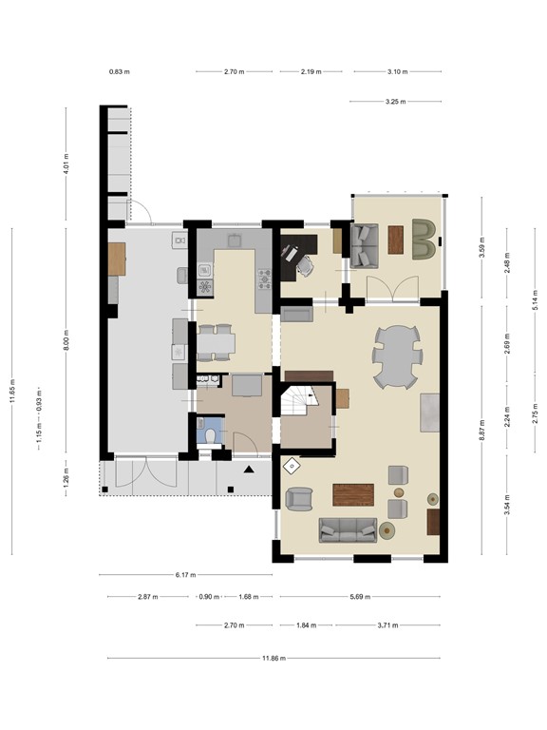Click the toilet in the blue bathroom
pyautogui.click(x=211, y=433)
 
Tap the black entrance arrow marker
pyautogui.click(x=249, y=470)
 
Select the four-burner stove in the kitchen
pyautogui.click(x=264, y=277)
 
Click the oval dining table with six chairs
pyautogui.click(x=396, y=357)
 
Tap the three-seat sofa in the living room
pyautogui.click(x=347, y=530)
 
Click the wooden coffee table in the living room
pyautogui.click(x=353, y=494)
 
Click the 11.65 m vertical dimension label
pyautogui.click(x=13, y=390)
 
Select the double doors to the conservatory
pyautogui.click(x=395, y=286)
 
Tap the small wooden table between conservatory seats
pyautogui.click(x=395, y=239)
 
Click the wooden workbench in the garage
pyautogui.click(x=117, y=259)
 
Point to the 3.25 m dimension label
pyautogui.click(x=396, y=102)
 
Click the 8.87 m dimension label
pyautogui.click(x=482, y=430)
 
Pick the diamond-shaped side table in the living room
pyautogui.click(x=291, y=465)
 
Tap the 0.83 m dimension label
pyautogui.click(x=119, y=71)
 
